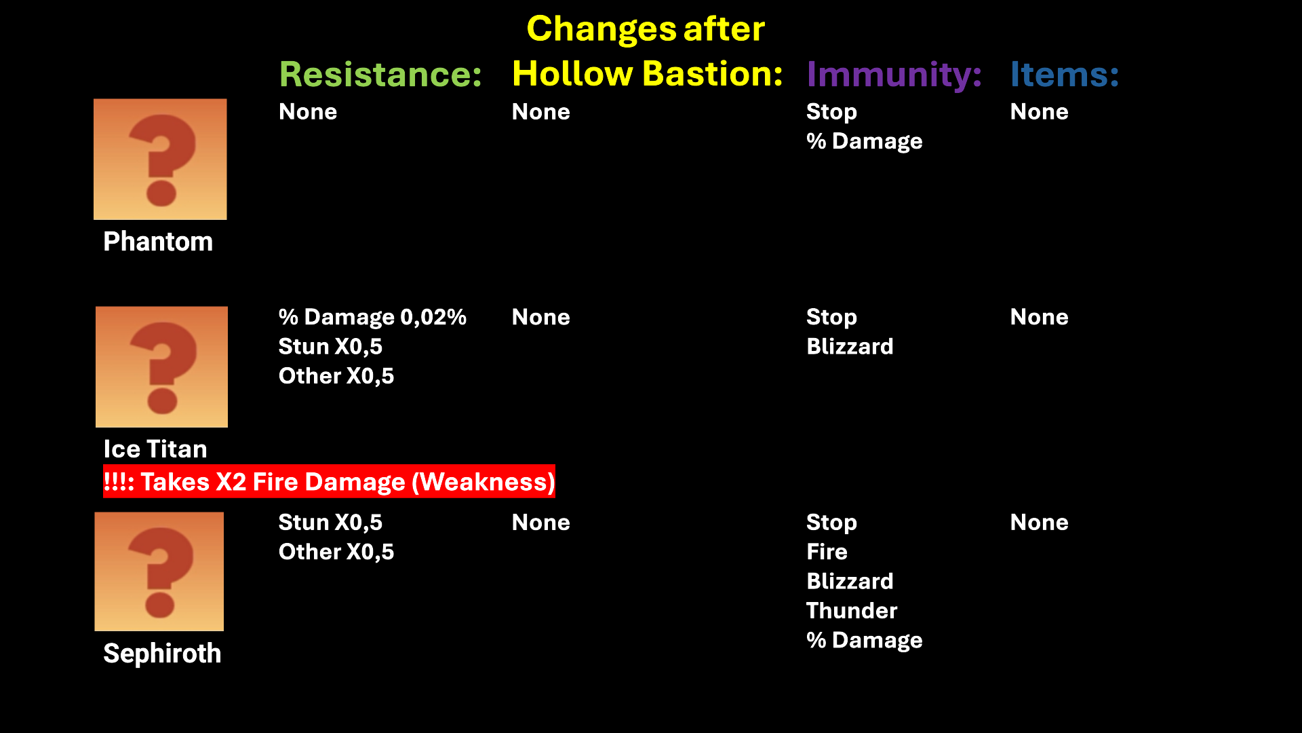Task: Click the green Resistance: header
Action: pos(380,74)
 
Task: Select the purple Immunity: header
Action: pos(894,75)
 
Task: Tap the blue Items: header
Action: pos(1064,74)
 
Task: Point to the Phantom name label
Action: pos(158,242)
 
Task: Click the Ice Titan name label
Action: pos(155,449)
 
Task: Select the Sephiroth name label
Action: pos(162,654)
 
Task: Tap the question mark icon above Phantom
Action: pos(160,159)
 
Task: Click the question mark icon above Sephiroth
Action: pos(159,571)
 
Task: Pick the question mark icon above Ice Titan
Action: pos(161,366)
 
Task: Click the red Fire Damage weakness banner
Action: pos(329,481)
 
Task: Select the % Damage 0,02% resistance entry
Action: pos(372,317)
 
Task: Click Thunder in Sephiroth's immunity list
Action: pos(852,611)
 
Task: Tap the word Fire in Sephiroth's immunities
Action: pos(827,552)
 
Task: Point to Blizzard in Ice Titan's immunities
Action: pos(850,347)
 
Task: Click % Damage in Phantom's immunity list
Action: pos(864,141)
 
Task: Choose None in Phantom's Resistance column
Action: pos(308,112)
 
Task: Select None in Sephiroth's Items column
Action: pos(1039,523)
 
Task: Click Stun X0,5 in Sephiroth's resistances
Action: pos(330,523)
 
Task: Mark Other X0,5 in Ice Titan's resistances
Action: pos(336,376)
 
